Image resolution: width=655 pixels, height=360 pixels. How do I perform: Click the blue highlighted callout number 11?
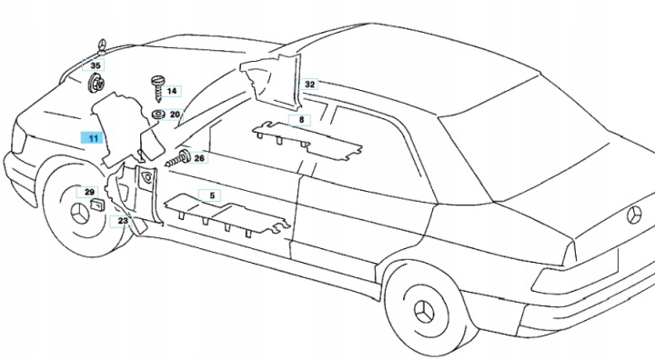click(x=93, y=137)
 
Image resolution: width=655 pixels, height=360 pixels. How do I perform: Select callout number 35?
click(x=96, y=65)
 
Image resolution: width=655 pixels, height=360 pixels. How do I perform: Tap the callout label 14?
click(x=171, y=91)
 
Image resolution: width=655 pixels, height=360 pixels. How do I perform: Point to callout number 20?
click(x=175, y=115)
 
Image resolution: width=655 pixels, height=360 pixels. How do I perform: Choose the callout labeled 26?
click(x=199, y=158)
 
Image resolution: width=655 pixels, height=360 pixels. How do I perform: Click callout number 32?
click(x=309, y=85)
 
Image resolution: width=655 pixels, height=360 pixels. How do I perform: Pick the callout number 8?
click(x=302, y=120)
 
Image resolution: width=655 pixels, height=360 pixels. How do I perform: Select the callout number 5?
click(x=212, y=195)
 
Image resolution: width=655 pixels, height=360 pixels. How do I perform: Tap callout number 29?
click(x=89, y=192)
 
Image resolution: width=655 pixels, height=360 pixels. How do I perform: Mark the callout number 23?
click(x=123, y=221)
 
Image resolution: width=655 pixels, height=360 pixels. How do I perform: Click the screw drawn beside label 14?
click(x=158, y=88)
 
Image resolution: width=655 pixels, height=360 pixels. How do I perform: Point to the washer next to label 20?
click(x=158, y=114)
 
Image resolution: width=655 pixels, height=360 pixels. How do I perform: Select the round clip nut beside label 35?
click(x=96, y=83)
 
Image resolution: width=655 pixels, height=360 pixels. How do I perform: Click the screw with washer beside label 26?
click(x=178, y=158)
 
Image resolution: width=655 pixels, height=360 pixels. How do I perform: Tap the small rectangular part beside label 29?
click(x=97, y=205)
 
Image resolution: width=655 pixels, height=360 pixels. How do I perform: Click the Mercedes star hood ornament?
click(x=102, y=47)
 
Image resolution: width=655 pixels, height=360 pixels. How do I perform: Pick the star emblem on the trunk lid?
click(x=634, y=215)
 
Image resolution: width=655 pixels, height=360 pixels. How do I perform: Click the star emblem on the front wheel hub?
click(x=79, y=214)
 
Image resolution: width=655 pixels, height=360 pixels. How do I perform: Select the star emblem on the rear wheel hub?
click(x=424, y=311)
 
